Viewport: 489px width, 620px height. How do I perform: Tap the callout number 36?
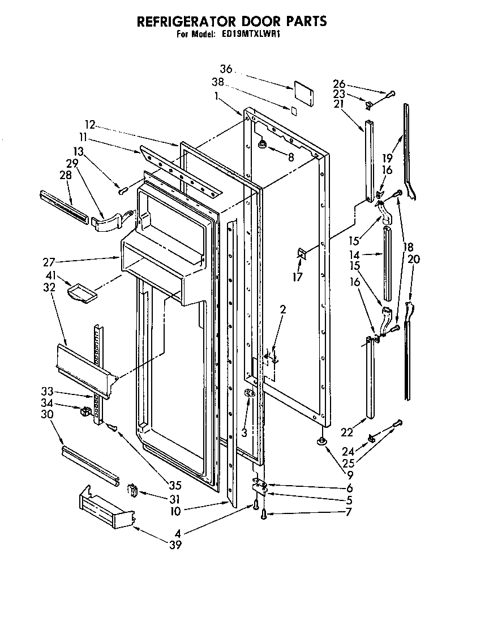pos(226,69)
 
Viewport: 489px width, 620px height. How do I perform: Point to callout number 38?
pos(218,82)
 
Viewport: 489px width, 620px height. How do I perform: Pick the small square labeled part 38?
pos(293,111)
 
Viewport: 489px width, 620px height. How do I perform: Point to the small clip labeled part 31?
pos(134,490)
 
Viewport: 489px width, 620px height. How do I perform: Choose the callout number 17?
pos(298,277)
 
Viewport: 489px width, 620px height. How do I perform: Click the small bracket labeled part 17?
pos(301,254)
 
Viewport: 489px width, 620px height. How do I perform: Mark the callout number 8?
pos(290,158)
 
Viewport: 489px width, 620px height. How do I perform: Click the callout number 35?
pos(175,485)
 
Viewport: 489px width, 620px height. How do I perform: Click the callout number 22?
pos(346,432)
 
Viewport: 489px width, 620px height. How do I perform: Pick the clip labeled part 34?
pos(86,411)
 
